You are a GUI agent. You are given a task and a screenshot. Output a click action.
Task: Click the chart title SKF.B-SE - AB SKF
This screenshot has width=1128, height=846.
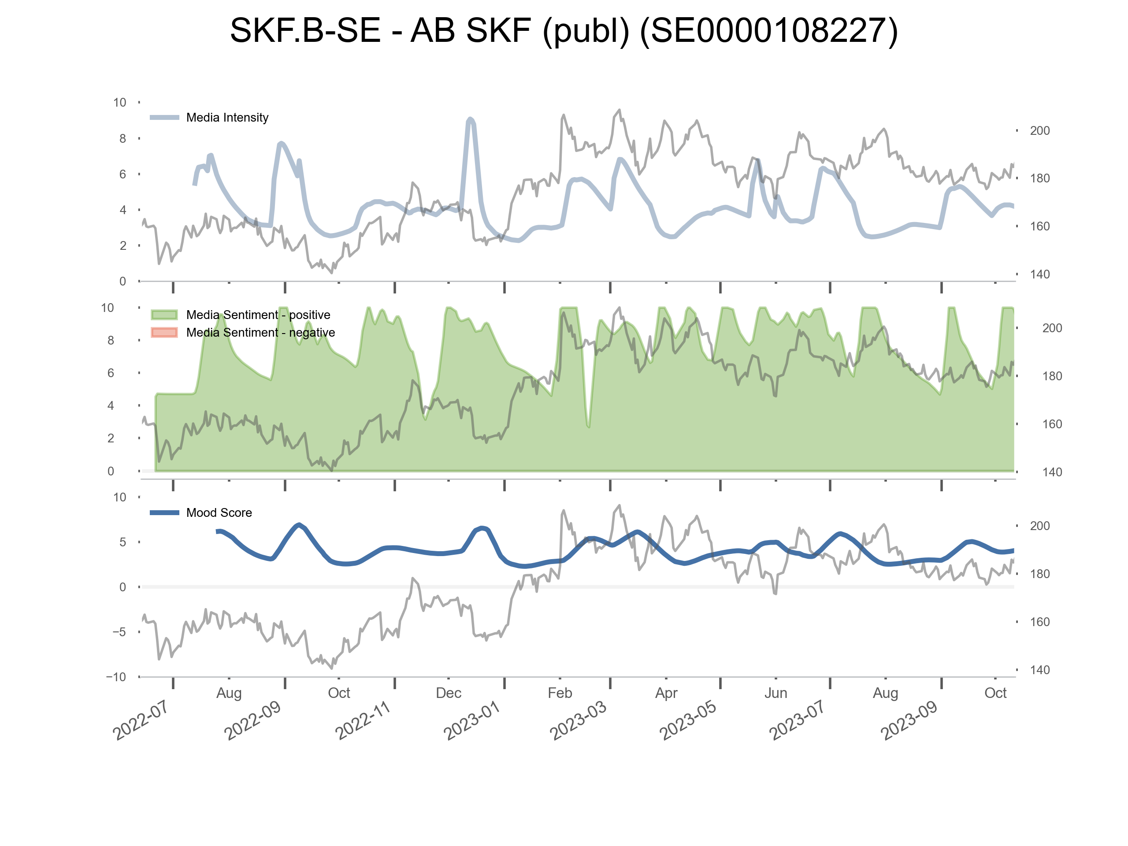click(x=564, y=30)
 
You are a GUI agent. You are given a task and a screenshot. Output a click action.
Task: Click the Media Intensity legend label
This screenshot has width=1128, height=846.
click(x=227, y=117)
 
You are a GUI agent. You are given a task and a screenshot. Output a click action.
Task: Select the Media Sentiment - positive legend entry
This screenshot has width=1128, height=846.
click(x=258, y=315)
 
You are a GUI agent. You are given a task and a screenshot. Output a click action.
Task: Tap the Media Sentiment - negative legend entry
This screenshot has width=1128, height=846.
click(x=260, y=333)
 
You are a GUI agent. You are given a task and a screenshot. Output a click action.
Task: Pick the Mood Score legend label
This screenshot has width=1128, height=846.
click(x=219, y=512)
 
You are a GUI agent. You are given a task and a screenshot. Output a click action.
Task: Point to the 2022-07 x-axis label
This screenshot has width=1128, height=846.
click(x=140, y=720)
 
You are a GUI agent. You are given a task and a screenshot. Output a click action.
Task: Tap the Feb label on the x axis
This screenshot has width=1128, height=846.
click(x=560, y=693)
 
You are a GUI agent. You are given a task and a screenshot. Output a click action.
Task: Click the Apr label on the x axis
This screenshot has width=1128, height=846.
click(x=666, y=693)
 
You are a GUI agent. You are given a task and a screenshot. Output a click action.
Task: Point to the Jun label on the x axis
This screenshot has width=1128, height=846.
click(x=775, y=693)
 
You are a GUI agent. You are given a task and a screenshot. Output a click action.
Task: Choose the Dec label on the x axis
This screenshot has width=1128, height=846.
click(x=448, y=693)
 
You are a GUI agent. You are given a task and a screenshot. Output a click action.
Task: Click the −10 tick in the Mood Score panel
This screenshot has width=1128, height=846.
click(x=116, y=677)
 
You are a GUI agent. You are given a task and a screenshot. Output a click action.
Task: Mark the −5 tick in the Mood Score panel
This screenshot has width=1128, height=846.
click(x=119, y=632)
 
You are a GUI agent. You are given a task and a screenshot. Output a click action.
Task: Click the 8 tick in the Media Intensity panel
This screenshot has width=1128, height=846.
click(x=122, y=138)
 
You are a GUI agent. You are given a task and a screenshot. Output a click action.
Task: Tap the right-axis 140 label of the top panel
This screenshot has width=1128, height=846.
click(x=1039, y=275)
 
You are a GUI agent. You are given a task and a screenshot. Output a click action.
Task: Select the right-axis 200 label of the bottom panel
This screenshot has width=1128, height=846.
click(x=1039, y=526)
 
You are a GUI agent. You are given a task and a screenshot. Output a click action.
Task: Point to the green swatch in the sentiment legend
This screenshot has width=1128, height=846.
click(x=164, y=315)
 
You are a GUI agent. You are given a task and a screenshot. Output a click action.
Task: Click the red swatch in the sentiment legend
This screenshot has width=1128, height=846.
click(x=164, y=333)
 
